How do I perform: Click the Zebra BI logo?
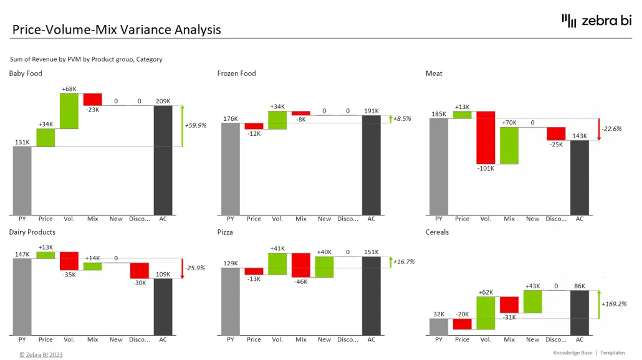[596, 21]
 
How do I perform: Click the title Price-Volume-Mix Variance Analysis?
[117, 29]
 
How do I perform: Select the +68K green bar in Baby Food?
[69, 111]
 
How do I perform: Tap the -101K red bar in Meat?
[486, 138]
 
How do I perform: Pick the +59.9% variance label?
[195, 125]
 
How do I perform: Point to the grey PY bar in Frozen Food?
[230, 168]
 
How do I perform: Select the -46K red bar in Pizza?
[301, 265]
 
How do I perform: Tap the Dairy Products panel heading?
[32, 232]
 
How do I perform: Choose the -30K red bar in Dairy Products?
[140, 270]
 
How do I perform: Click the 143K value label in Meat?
[580, 135]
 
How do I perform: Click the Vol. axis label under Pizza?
[277, 340]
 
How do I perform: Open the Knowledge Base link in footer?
[572, 353]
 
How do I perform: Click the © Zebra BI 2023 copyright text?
[41, 354]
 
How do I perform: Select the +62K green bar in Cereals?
[486, 313]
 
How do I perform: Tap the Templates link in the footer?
[613, 353]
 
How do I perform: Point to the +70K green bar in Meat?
[509, 145]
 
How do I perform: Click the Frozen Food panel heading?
[236, 73]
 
